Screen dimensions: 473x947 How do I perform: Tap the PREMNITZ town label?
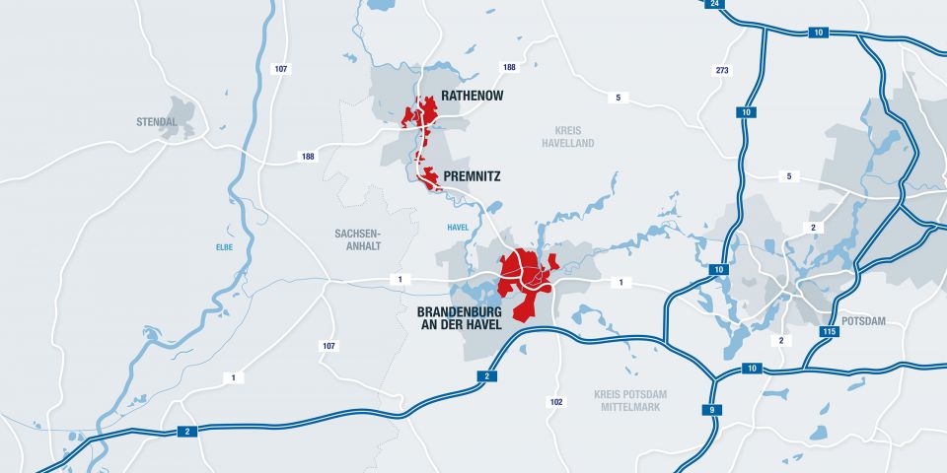coord(473,176)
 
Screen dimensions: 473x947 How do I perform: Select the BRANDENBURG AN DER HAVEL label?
coord(454,315)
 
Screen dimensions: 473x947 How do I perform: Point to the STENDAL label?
coord(157,122)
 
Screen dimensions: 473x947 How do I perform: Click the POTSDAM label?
coord(864,321)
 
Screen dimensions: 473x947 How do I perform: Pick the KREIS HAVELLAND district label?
coord(568,136)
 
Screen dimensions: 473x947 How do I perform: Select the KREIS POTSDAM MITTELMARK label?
coord(630,400)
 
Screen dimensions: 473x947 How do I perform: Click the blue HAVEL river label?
coord(458,228)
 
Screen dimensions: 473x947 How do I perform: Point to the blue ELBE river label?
coord(225,247)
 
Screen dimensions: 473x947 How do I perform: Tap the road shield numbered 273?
coord(721,71)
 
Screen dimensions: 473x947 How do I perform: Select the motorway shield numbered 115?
coord(830,332)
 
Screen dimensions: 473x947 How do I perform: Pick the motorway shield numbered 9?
coord(711,410)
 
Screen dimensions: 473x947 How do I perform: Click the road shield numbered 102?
coord(556,401)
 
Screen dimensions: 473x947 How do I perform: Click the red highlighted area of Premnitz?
coord(429,176)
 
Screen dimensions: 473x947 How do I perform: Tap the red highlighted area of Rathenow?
coord(421,114)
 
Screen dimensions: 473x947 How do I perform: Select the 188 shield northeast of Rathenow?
coord(509,67)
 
